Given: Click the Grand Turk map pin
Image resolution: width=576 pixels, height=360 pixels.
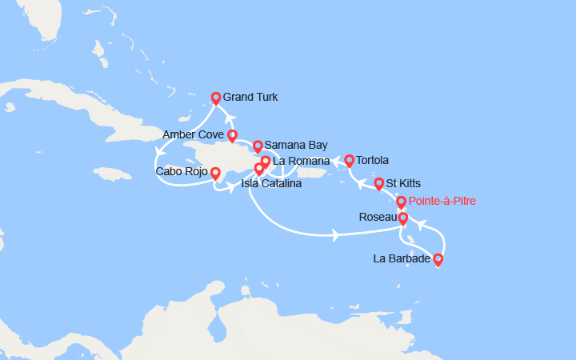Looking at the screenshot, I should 215,98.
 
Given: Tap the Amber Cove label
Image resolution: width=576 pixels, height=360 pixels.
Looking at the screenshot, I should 192,134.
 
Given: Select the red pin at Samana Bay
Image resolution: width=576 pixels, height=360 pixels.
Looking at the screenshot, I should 258,146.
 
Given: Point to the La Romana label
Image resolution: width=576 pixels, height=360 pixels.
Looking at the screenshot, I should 301,161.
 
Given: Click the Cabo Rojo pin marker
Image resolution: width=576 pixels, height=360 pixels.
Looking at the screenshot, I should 215,172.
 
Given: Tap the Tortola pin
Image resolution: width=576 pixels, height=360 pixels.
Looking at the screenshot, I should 350,161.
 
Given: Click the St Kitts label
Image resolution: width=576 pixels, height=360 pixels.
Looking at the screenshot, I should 403,183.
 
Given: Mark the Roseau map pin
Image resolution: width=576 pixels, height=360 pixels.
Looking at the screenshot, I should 402,218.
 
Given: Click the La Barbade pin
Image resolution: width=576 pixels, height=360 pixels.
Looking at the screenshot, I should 437,259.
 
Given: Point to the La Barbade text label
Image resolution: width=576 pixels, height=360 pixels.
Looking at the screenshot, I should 402,258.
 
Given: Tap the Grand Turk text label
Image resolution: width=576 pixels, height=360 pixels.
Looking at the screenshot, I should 251,97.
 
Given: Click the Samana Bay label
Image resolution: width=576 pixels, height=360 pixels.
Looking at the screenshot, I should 295,145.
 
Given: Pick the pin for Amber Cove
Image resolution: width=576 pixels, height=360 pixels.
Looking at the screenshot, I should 231,135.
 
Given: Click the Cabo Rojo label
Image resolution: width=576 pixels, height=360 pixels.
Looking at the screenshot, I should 182,171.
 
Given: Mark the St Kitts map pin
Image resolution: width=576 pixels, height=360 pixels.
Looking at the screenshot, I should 378,183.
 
